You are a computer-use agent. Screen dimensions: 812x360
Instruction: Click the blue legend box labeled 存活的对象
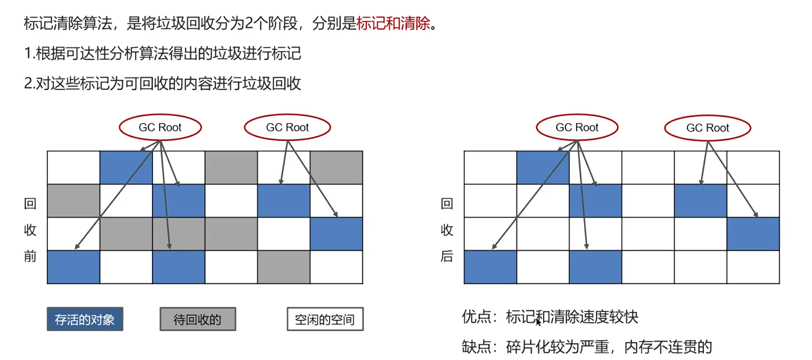point(85,319)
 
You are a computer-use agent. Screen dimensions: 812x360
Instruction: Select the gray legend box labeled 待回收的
point(198,319)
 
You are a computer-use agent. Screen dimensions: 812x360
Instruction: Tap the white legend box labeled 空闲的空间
point(325,319)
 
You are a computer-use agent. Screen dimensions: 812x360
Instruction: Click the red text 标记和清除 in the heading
point(393,23)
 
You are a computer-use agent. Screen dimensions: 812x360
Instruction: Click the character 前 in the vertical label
point(30,256)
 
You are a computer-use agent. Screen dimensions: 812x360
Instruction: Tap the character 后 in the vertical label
point(447,256)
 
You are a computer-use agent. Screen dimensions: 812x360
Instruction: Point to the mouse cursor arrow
point(538,322)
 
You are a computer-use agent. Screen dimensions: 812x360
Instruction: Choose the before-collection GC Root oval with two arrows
point(287,128)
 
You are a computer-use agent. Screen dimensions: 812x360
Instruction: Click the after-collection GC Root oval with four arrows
point(577,128)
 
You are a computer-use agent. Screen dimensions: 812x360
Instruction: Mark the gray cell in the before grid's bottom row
point(284,267)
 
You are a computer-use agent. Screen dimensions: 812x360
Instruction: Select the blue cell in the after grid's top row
point(543,167)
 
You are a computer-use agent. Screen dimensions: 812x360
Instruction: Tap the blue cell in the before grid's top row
point(126,167)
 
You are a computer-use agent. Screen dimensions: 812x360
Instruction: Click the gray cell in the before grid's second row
point(73,201)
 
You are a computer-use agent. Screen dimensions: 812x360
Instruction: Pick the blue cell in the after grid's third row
point(753,234)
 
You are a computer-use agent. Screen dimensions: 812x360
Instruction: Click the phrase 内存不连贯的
point(668,347)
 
